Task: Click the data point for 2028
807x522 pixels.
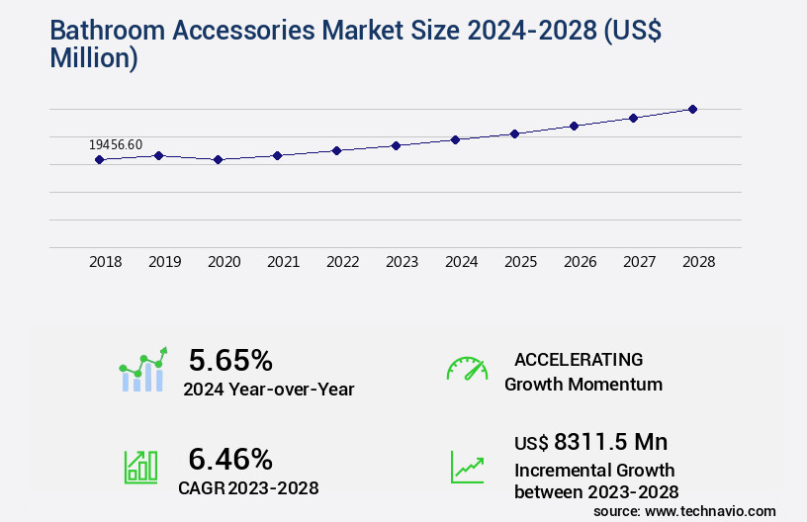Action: tap(692, 109)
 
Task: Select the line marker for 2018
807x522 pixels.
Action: tap(99, 159)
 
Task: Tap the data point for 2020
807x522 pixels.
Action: tap(218, 159)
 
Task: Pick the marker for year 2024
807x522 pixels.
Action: tap(455, 139)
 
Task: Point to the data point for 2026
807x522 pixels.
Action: tap(574, 126)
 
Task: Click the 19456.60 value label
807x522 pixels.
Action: tap(116, 144)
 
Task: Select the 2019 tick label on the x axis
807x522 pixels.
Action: tap(164, 262)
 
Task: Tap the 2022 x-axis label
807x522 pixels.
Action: tap(342, 262)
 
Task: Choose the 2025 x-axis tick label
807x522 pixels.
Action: tap(520, 262)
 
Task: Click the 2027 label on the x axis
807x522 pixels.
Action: tap(639, 262)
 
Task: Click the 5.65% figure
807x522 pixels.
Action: tap(230, 360)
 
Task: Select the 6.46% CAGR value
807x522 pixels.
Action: tap(230, 459)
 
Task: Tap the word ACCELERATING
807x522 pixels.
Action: tap(579, 359)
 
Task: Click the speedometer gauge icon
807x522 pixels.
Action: tap(467, 369)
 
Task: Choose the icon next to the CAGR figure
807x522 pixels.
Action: tap(140, 467)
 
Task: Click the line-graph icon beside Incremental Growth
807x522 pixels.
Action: tap(467, 467)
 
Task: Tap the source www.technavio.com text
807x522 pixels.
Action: tap(684, 510)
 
